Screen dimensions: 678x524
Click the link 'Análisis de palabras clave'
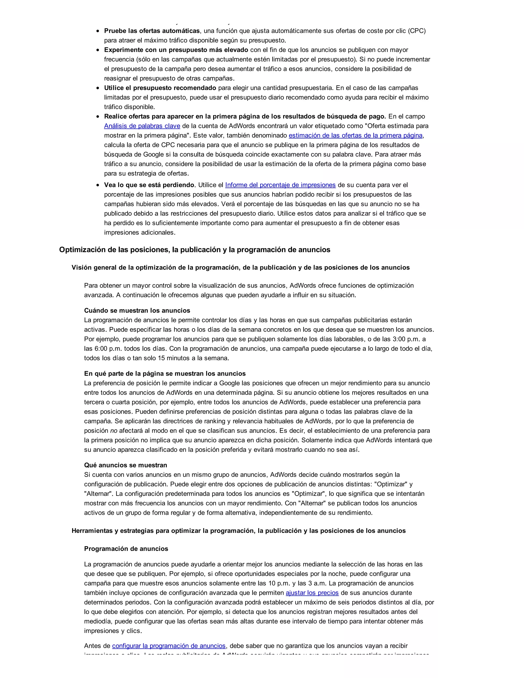(142, 126)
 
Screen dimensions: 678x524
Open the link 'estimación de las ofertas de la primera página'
(355, 135)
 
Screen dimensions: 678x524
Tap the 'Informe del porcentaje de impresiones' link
(280, 185)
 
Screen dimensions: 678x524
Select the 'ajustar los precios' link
(312, 593)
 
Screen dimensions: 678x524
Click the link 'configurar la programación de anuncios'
(169, 646)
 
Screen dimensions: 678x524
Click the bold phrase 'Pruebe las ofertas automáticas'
(152, 31)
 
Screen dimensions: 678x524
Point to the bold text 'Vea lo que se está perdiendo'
(149, 185)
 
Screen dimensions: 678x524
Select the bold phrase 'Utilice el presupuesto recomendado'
(160, 88)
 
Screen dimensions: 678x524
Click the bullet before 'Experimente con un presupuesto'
(98, 50)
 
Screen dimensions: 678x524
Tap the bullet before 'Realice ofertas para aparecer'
(98, 117)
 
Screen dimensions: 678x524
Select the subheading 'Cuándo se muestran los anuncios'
(137, 310)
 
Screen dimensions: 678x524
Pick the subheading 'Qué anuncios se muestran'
(125, 465)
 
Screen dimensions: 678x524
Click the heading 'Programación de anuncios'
(126, 549)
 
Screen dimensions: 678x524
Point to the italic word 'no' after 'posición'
(114, 431)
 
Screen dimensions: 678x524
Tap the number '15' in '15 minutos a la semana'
(161, 358)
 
